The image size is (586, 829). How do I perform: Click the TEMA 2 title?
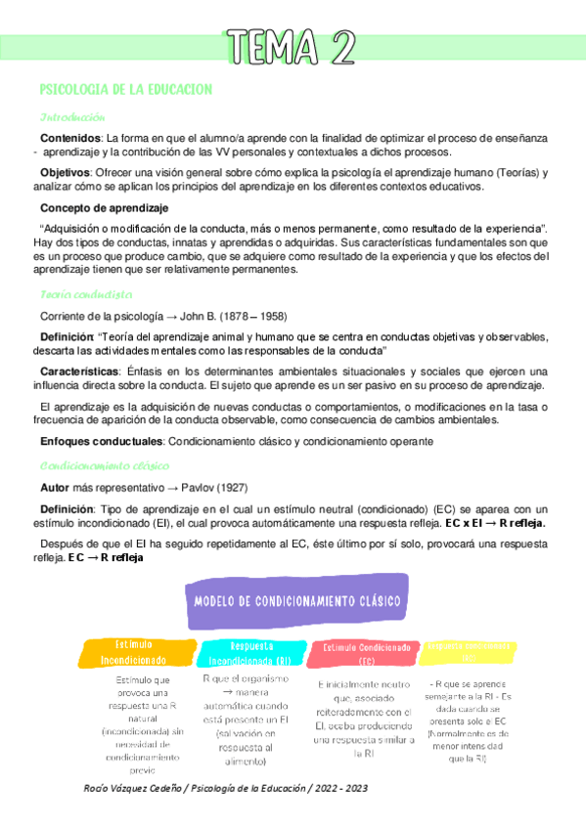coord(292,46)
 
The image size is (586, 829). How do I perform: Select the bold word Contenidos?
coord(69,138)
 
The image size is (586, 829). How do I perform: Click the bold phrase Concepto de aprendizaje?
coord(103,208)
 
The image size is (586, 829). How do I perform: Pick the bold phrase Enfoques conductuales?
coord(101,442)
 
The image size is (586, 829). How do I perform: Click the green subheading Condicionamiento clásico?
coord(105,465)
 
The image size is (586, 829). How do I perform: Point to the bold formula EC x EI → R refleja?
coord(495,523)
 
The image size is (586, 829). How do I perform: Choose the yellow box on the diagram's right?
coord(471,649)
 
